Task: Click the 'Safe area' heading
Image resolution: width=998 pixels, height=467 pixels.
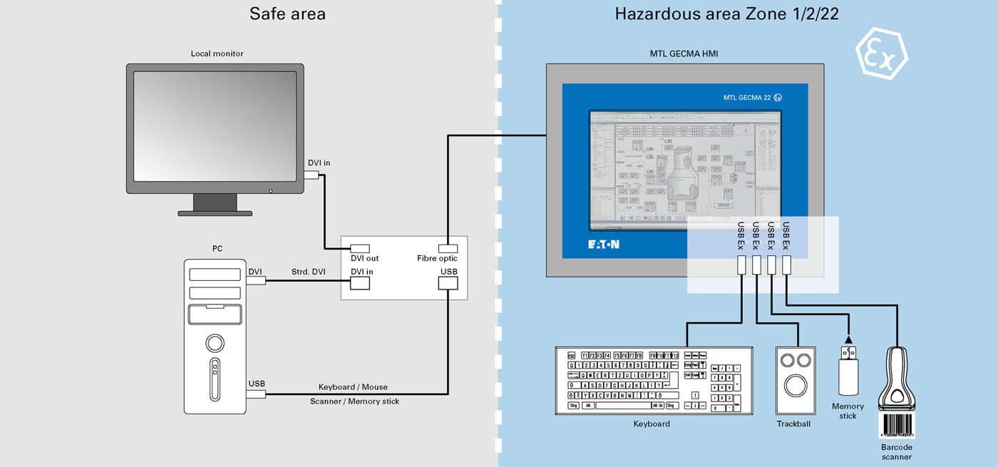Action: [x=287, y=14]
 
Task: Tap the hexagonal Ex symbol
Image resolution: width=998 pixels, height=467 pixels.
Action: [x=882, y=53]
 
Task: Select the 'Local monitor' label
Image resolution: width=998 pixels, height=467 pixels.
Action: [x=217, y=53]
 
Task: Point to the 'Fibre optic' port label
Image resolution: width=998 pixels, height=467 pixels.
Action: [x=437, y=258]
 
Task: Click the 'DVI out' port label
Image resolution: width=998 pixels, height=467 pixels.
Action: [x=364, y=258]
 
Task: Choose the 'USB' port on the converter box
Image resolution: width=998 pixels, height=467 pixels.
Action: [x=448, y=282]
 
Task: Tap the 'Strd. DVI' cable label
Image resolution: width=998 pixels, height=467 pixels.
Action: [x=308, y=272]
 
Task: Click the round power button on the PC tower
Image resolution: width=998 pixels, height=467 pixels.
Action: [x=215, y=344]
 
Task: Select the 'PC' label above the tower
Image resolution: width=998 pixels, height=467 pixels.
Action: [x=217, y=249]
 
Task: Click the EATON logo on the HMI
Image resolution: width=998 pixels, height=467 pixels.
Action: [x=603, y=245]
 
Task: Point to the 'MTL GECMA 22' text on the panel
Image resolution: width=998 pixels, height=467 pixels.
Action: [x=747, y=98]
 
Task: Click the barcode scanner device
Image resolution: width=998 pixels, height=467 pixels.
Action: [x=897, y=385]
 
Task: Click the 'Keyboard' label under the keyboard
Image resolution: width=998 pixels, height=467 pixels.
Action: [x=652, y=424]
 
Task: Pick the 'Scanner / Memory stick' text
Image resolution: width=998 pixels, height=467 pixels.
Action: [x=354, y=401]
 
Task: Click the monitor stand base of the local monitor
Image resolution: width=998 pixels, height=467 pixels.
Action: [x=215, y=212]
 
